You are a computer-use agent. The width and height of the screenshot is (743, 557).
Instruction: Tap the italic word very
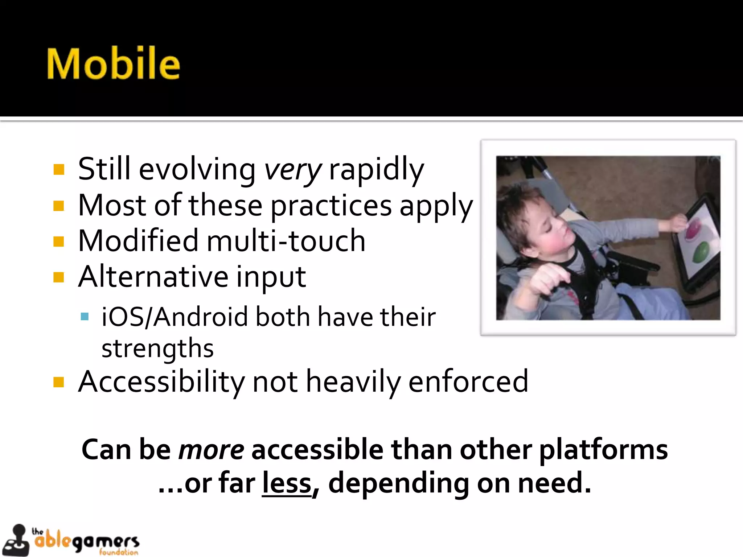click(x=292, y=170)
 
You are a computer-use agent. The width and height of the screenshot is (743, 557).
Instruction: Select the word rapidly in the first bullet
click(x=376, y=170)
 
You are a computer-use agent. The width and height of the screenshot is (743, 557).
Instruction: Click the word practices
click(x=331, y=206)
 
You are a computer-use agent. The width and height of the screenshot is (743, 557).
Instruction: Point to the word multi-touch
click(x=286, y=241)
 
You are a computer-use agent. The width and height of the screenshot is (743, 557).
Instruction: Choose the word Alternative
click(x=153, y=277)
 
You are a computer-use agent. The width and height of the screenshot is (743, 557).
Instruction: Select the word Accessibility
click(x=161, y=382)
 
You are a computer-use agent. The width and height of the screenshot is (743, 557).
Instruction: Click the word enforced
click(x=468, y=382)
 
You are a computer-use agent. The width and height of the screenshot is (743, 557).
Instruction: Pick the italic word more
click(x=212, y=450)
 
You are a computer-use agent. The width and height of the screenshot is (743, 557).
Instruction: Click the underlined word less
click(x=287, y=483)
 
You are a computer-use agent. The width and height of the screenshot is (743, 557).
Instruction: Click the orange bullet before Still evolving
click(x=58, y=170)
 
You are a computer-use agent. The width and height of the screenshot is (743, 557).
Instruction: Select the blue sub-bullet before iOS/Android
click(x=85, y=317)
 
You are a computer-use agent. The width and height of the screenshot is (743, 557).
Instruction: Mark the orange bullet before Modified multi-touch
click(x=58, y=242)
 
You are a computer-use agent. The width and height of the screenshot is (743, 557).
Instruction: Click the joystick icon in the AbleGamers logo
click(x=16, y=540)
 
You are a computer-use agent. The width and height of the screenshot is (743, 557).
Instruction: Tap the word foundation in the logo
click(x=119, y=552)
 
